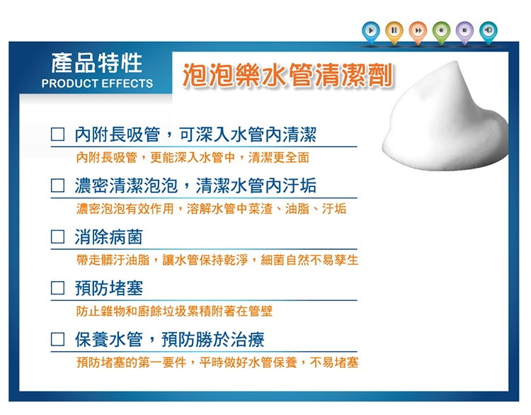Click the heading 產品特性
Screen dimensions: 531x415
coord(97,63)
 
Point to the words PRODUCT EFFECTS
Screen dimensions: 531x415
coord(97,84)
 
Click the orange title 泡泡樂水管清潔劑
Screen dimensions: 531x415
coord(287,75)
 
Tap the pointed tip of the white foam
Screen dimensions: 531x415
coord(456,62)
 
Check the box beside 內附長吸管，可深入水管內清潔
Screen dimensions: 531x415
coord(57,134)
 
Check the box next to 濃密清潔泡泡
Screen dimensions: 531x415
coord(57,186)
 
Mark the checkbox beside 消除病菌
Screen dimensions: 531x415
coord(57,237)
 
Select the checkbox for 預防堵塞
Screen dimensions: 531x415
coord(57,288)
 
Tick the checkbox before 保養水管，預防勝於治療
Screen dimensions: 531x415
coord(57,339)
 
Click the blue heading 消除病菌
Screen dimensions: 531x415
coord(109,237)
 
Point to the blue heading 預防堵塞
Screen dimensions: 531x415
coord(109,288)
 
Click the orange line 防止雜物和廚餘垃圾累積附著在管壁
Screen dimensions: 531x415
coord(174,311)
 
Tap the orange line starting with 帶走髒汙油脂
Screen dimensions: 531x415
coord(217,260)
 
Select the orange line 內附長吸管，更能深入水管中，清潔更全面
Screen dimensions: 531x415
coord(193,157)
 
